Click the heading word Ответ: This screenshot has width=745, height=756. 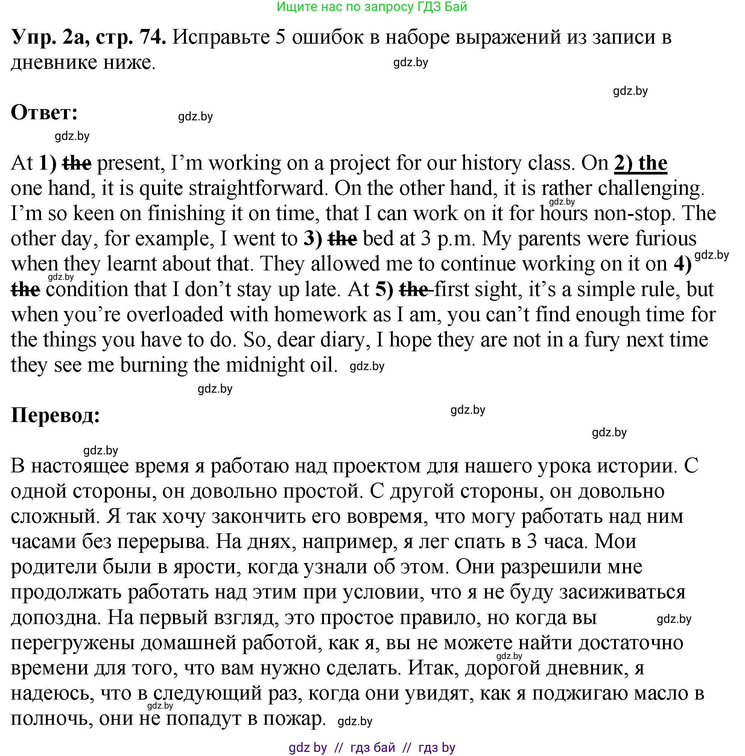44,112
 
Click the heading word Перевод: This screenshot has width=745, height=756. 56,415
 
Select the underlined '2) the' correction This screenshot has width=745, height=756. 640,163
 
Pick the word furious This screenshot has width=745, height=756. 666,238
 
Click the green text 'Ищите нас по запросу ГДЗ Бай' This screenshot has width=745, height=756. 372,7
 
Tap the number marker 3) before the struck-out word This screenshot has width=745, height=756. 313,238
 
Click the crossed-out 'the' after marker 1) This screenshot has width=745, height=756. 77,163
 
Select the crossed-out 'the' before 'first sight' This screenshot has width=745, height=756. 414,289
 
